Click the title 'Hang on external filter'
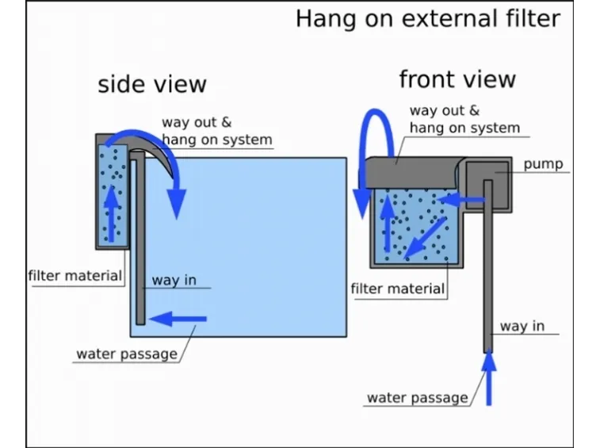click(x=428, y=19)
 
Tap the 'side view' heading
click(x=152, y=84)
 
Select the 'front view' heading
click(x=457, y=79)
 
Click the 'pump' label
click(x=543, y=164)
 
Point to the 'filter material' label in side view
click(x=75, y=276)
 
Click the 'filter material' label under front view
click(x=398, y=289)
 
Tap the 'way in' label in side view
click(x=174, y=280)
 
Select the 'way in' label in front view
click(x=522, y=326)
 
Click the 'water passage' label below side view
click(x=127, y=354)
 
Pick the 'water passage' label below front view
click(x=418, y=398)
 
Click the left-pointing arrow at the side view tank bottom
click(x=178, y=319)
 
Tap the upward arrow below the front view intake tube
click(x=489, y=377)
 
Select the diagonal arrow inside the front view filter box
click(x=425, y=238)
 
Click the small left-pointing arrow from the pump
click(x=461, y=200)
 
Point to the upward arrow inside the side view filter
click(x=111, y=213)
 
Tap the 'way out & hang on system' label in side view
click(x=217, y=131)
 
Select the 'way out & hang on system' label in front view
click(x=464, y=119)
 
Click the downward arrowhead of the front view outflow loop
click(x=361, y=204)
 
